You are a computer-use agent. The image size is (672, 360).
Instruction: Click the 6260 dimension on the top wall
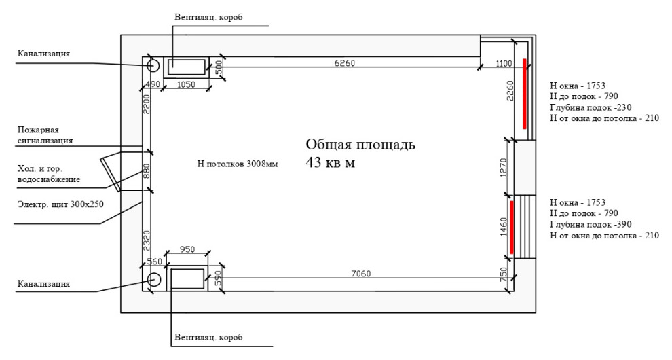click(x=344, y=63)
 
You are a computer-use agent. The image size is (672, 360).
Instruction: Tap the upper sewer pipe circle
click(x=153, y=65)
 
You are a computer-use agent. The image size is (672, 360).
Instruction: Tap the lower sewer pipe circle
click(x=153, y=279)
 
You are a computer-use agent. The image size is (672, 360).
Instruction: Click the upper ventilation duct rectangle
click(x=187, y=65)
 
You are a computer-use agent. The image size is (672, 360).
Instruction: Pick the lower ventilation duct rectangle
click(x=187, y=279)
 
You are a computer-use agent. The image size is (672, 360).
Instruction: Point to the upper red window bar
click(x=525, y=94)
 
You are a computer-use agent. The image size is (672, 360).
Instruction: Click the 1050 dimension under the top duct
click(x=186, y=84)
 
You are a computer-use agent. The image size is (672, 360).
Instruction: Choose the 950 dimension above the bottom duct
click(x=186, y=250)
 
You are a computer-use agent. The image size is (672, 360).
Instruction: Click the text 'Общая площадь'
click(x=360, y=145)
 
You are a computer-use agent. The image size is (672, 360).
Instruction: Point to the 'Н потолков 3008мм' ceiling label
click(x=237, y=164)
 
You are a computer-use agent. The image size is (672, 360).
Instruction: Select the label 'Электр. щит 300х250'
click(x=60, y=202)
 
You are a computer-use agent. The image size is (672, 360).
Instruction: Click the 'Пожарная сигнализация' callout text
click(x=45, y=135)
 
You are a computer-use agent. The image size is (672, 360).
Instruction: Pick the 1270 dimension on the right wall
click(x=502, y=166)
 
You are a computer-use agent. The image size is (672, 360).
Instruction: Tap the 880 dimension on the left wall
click(x=145, y=170)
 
